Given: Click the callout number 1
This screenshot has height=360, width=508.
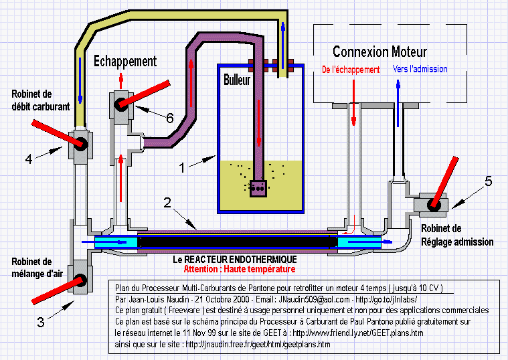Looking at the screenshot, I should pos(181,167).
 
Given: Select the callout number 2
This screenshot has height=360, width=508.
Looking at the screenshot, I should pos(168,202).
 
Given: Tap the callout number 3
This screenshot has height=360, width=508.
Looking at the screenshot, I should pos(40,322).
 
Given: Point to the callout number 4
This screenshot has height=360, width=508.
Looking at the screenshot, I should pos(29,159).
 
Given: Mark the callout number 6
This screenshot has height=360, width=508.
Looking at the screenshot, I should pos(169,118).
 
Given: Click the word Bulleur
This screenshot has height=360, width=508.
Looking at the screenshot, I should pos(237,80).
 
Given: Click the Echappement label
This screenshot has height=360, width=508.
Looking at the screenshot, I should pos(124,61).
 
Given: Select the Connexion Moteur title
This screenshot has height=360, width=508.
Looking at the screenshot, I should pos(379,52).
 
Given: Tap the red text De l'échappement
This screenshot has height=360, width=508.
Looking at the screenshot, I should pos(351,69).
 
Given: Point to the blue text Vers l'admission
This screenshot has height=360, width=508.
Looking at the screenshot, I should pos(421,69).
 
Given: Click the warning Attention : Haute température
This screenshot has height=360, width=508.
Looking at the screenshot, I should pos(239,269).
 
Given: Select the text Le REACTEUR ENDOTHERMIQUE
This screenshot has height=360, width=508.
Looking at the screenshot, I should pos(231,259).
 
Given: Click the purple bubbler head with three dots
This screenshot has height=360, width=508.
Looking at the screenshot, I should pos(258,189).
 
